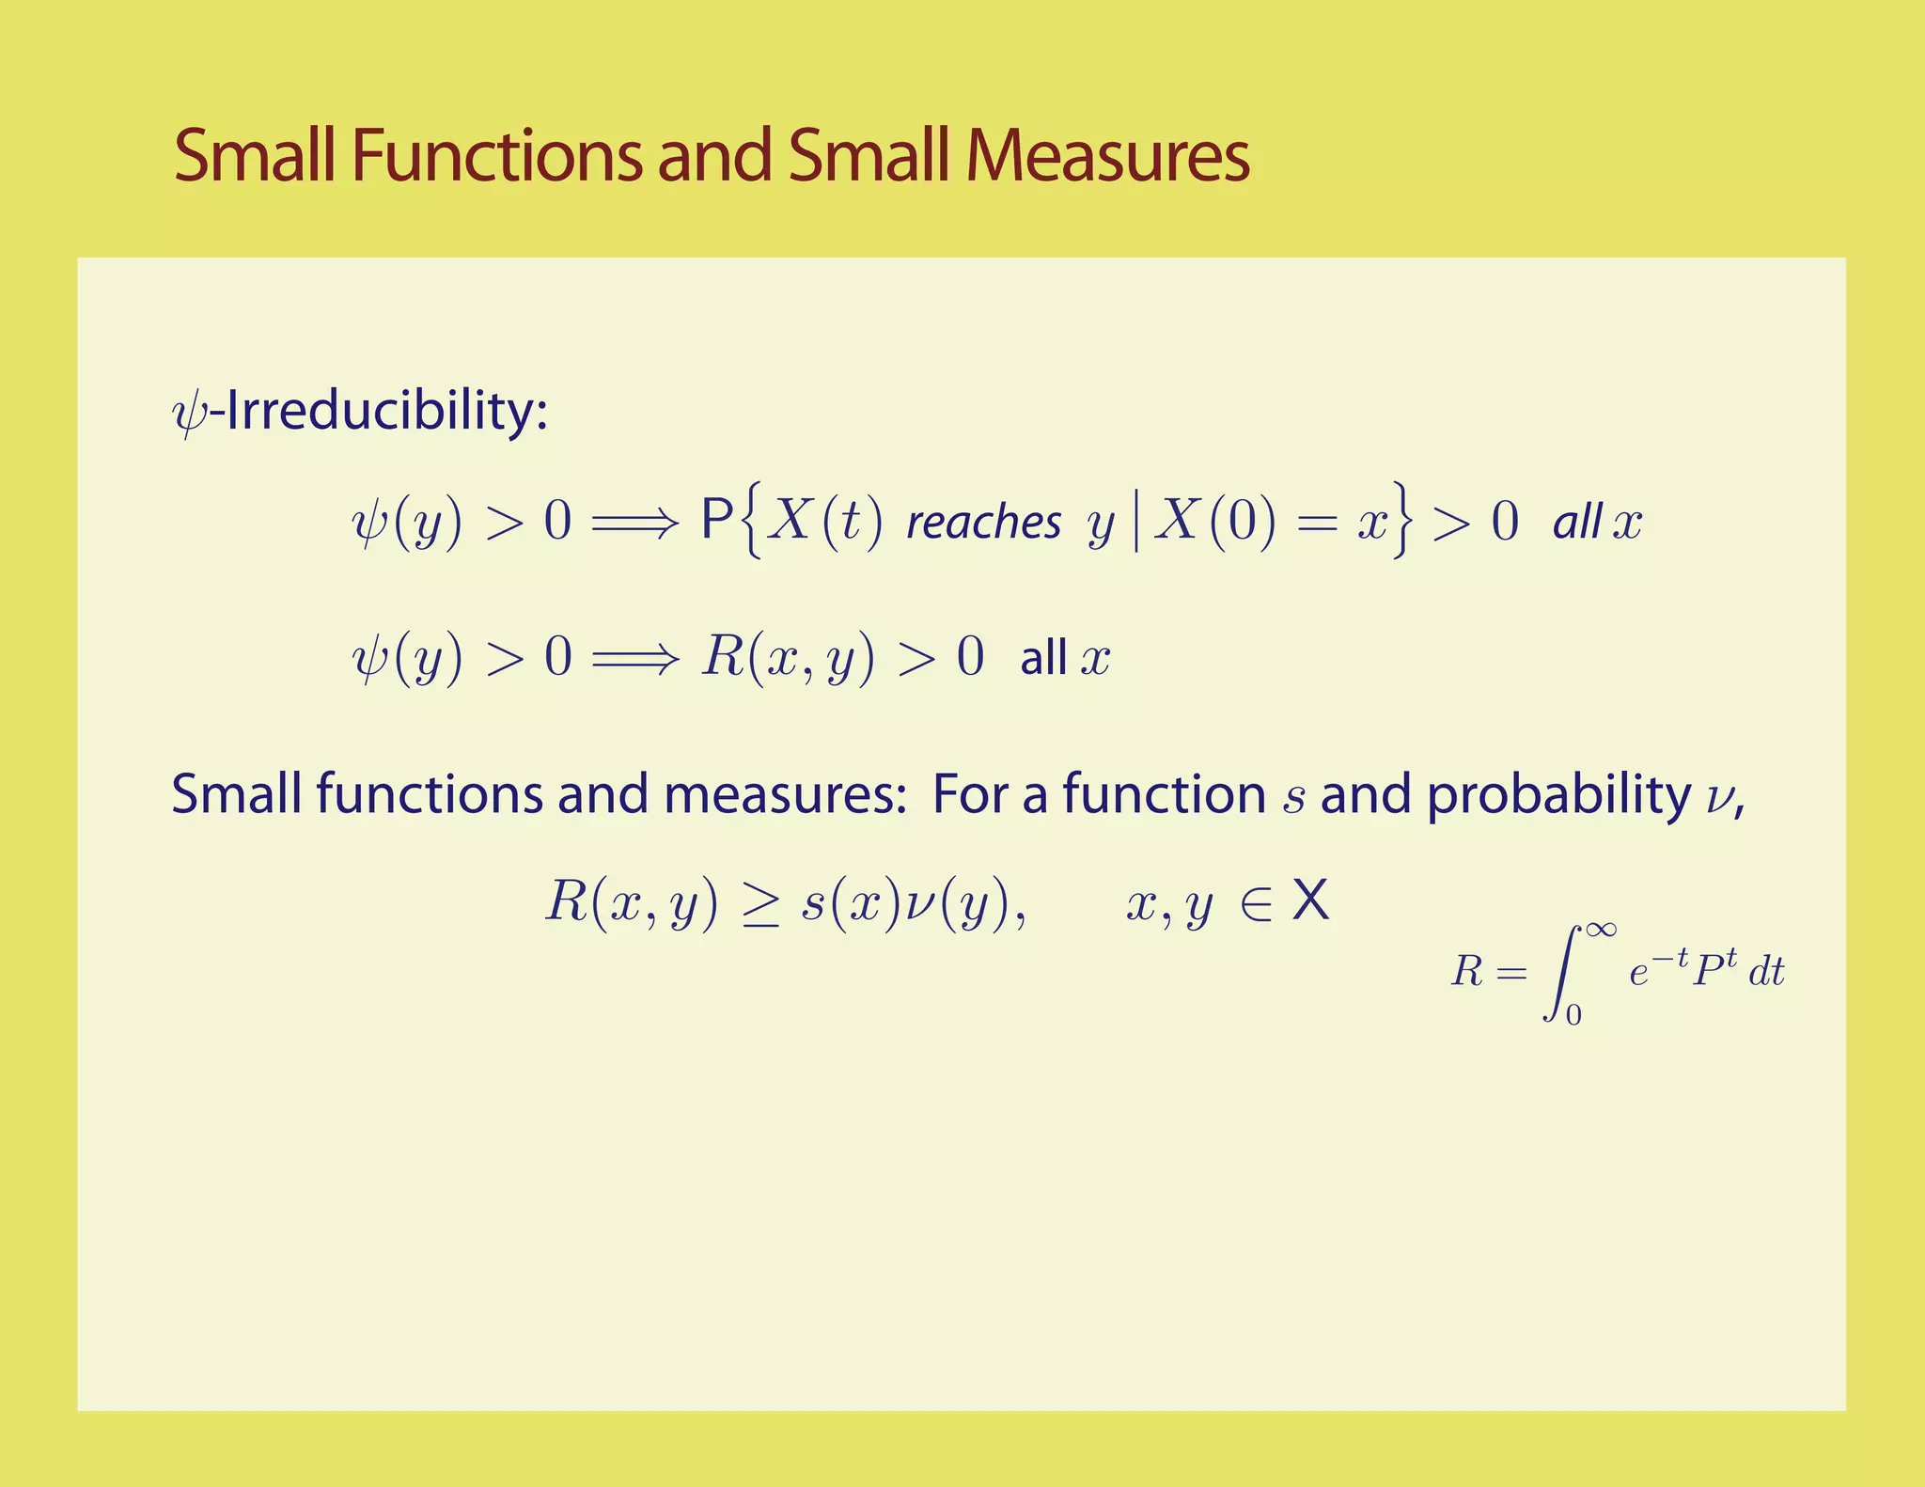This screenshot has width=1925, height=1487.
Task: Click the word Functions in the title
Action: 496,156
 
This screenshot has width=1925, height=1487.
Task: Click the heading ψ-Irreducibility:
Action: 361,412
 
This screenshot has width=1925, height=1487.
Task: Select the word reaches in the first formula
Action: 983,523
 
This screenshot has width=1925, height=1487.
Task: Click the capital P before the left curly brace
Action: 717,520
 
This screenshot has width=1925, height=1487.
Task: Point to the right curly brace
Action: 1401,520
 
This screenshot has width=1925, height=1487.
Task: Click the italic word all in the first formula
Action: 1576,523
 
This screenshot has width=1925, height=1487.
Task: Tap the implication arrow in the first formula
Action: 634,524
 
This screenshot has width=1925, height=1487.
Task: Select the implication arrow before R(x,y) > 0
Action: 634,658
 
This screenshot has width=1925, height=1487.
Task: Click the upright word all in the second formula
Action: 1043,658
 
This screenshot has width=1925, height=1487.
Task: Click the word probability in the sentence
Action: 1558,795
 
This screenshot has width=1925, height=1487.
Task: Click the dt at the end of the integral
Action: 1766,972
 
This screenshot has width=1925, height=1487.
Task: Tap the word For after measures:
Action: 972,795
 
